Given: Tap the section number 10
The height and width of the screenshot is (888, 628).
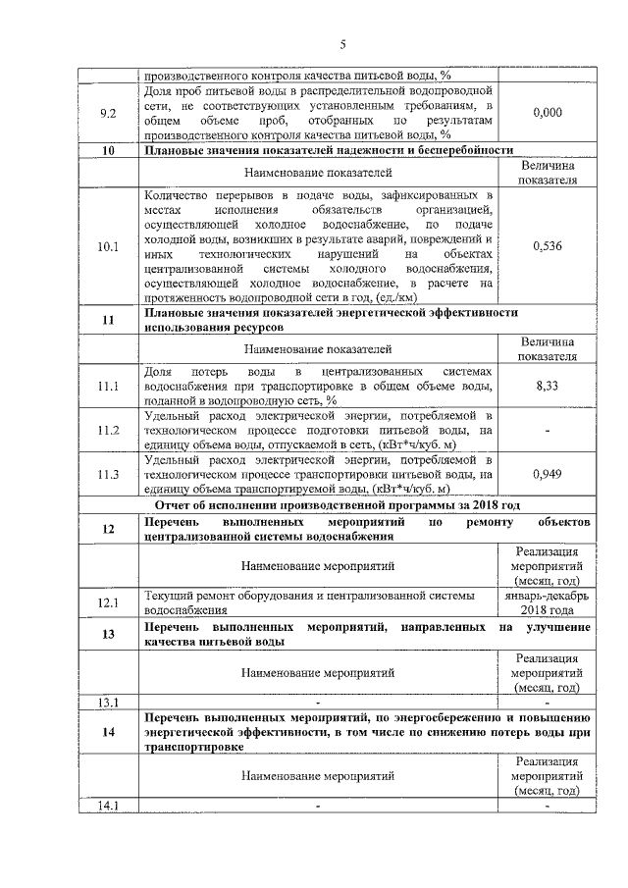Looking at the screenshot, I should [109, 150].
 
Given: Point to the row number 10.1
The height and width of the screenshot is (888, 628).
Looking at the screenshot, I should [109, 247].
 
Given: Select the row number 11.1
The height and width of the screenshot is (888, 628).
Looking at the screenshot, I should [109, 389].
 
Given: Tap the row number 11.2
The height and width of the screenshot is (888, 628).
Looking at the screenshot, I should [109, 431].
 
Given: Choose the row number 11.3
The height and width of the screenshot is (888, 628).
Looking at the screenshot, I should [109, 475].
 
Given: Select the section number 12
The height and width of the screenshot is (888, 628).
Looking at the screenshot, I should [109, 530].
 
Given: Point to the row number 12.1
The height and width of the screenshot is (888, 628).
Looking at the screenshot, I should [109, 601].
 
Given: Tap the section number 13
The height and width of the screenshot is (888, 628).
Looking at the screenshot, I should [109, 634].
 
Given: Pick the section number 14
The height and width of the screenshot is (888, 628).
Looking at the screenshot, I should [109, 731].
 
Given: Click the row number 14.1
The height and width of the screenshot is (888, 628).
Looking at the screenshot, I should [109, 807].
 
